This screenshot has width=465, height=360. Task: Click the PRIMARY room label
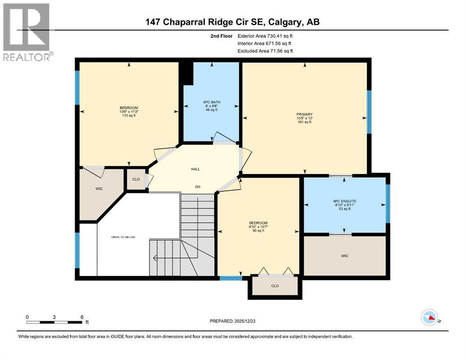[x=304, y=114]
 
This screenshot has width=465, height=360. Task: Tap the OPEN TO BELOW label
[x=123, y=237]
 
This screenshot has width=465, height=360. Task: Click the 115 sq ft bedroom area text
[x=128, y=115]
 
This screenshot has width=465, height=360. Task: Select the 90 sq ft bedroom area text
[x=258, y=230]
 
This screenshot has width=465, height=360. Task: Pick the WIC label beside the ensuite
[x=345, y=255]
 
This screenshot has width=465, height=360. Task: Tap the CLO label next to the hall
[x=135, y=179]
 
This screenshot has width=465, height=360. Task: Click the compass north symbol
[x=429, y=318]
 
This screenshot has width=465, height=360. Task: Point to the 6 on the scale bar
[x=82, y=317]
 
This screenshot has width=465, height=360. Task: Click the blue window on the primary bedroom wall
[x=369, y=112]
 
